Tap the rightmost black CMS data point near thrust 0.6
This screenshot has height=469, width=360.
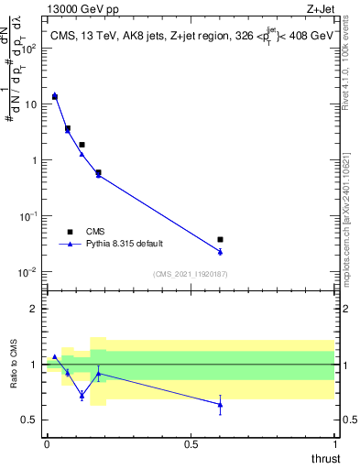click(x=220, y=239)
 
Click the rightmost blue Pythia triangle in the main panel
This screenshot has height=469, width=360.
click(x=220, y=251)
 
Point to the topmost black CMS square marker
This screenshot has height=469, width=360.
click(x=55, y=96)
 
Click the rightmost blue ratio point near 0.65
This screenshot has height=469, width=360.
click(x=220, y=404)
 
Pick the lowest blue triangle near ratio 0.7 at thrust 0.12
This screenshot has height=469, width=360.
click(x=82, y=396)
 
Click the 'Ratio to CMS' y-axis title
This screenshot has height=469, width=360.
click(x=14, y=376)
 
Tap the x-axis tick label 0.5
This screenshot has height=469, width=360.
click(x=191, y=444)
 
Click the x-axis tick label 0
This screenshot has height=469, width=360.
click(x=47, y=444)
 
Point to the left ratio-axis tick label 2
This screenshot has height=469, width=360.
click(x=37, y=309)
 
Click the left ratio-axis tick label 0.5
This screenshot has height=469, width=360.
click(x=31, y=420)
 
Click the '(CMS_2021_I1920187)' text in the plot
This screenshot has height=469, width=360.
click(x=190, y=274)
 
